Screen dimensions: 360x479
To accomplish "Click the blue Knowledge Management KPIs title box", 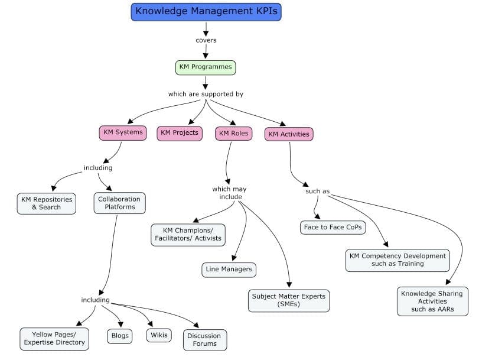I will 206,11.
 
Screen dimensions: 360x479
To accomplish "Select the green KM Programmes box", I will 206,67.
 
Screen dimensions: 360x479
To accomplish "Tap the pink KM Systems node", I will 123,132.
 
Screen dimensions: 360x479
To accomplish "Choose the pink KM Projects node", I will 180,133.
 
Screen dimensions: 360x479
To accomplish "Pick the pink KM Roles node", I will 233,134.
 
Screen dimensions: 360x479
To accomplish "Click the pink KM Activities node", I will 288,134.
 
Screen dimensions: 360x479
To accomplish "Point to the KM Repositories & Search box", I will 47,203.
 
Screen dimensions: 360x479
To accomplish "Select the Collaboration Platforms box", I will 119,203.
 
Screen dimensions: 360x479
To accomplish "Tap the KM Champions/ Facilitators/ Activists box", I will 188,234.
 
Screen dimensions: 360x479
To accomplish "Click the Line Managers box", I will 229,270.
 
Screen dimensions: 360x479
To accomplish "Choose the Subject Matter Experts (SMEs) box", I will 289,300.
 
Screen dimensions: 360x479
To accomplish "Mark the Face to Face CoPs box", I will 333,227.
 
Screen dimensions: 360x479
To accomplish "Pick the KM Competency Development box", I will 397,260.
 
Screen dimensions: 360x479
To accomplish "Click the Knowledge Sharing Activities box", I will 432,301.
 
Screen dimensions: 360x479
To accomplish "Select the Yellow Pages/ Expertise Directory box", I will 54,339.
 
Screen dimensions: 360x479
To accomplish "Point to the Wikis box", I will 159,335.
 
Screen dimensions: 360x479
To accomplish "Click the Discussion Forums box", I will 204,340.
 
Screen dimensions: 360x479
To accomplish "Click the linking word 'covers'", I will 206,40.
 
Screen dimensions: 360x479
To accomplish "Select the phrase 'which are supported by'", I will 206,94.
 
